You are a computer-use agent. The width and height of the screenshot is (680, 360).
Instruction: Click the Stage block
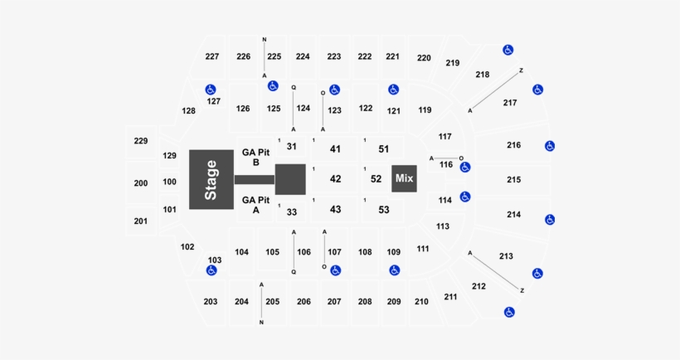pyautogui.click(x=211, y=179)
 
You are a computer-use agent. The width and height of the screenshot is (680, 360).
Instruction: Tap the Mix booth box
pyautogui.click(x=404, y=178)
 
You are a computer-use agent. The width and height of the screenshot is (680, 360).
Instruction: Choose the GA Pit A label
pyautogui.click(x=256, y=204)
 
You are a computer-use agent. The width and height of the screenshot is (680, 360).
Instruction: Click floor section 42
pyautogui.click(x=335, y=178)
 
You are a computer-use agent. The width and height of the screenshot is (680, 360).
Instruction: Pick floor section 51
pyautogui.click(x=383, y=149)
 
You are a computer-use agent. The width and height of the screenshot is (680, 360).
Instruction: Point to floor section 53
pyautogui.click(x=383, y=210)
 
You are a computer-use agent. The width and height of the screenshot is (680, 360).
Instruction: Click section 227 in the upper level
pyautogui.click(x=212, y=56)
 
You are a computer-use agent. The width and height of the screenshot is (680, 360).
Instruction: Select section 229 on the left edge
pyautogui.click(x=141, y=141)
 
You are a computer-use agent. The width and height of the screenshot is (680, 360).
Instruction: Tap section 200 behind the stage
pyautogui.click(x=141, y=182)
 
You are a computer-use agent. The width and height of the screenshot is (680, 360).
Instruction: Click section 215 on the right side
pyautogui.click(x=513, y=180)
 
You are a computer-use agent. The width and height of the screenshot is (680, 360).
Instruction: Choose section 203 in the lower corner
pyautogui.click(x=211, y=301)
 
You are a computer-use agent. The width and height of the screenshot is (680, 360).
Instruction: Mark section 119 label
pyautogui.click(x=425, y=109)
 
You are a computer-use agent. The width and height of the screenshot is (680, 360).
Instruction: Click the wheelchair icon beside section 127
pyautogui.click(x=211, y=90)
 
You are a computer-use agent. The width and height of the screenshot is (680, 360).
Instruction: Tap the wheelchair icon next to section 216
pyautogui.click(x=549, y=146)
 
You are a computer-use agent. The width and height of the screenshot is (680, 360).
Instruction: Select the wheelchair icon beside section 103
pyautogui.click(x=211, y=270)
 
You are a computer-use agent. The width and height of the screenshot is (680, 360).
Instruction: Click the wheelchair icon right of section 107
pyautogui.click(x=336, y=270)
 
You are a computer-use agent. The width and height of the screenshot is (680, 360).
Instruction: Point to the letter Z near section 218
pyautogui.click(x=521, y=70)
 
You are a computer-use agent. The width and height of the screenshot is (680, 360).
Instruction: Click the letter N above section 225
pyautogui.click(x=264, y=39)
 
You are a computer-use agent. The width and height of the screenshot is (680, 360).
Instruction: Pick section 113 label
pyautogui.click(x=442, y=226)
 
